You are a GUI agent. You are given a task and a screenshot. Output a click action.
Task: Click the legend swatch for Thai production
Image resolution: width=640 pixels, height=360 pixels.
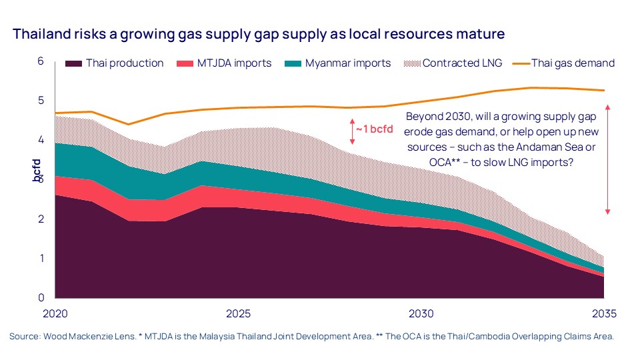click(x=74, y=63)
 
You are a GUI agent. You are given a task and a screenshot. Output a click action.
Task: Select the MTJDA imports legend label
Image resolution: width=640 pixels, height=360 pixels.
click(x=234, y=63)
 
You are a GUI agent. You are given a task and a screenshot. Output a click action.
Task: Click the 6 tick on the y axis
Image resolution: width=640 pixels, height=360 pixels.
click(x=40, y=61)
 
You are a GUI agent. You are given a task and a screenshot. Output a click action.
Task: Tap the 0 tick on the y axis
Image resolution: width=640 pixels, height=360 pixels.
click(x=40, y=297)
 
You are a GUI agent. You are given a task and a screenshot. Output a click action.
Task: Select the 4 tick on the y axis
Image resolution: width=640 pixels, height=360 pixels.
click(x=40, y=140)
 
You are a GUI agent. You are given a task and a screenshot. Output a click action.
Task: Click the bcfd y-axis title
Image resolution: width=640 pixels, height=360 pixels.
click(x=37, y=170)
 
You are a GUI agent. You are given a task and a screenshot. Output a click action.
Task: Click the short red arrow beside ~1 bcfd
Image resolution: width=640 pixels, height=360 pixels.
click(x=353, y=131)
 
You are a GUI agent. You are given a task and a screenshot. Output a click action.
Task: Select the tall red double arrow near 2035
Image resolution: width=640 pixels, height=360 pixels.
click(x=607, y=159)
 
